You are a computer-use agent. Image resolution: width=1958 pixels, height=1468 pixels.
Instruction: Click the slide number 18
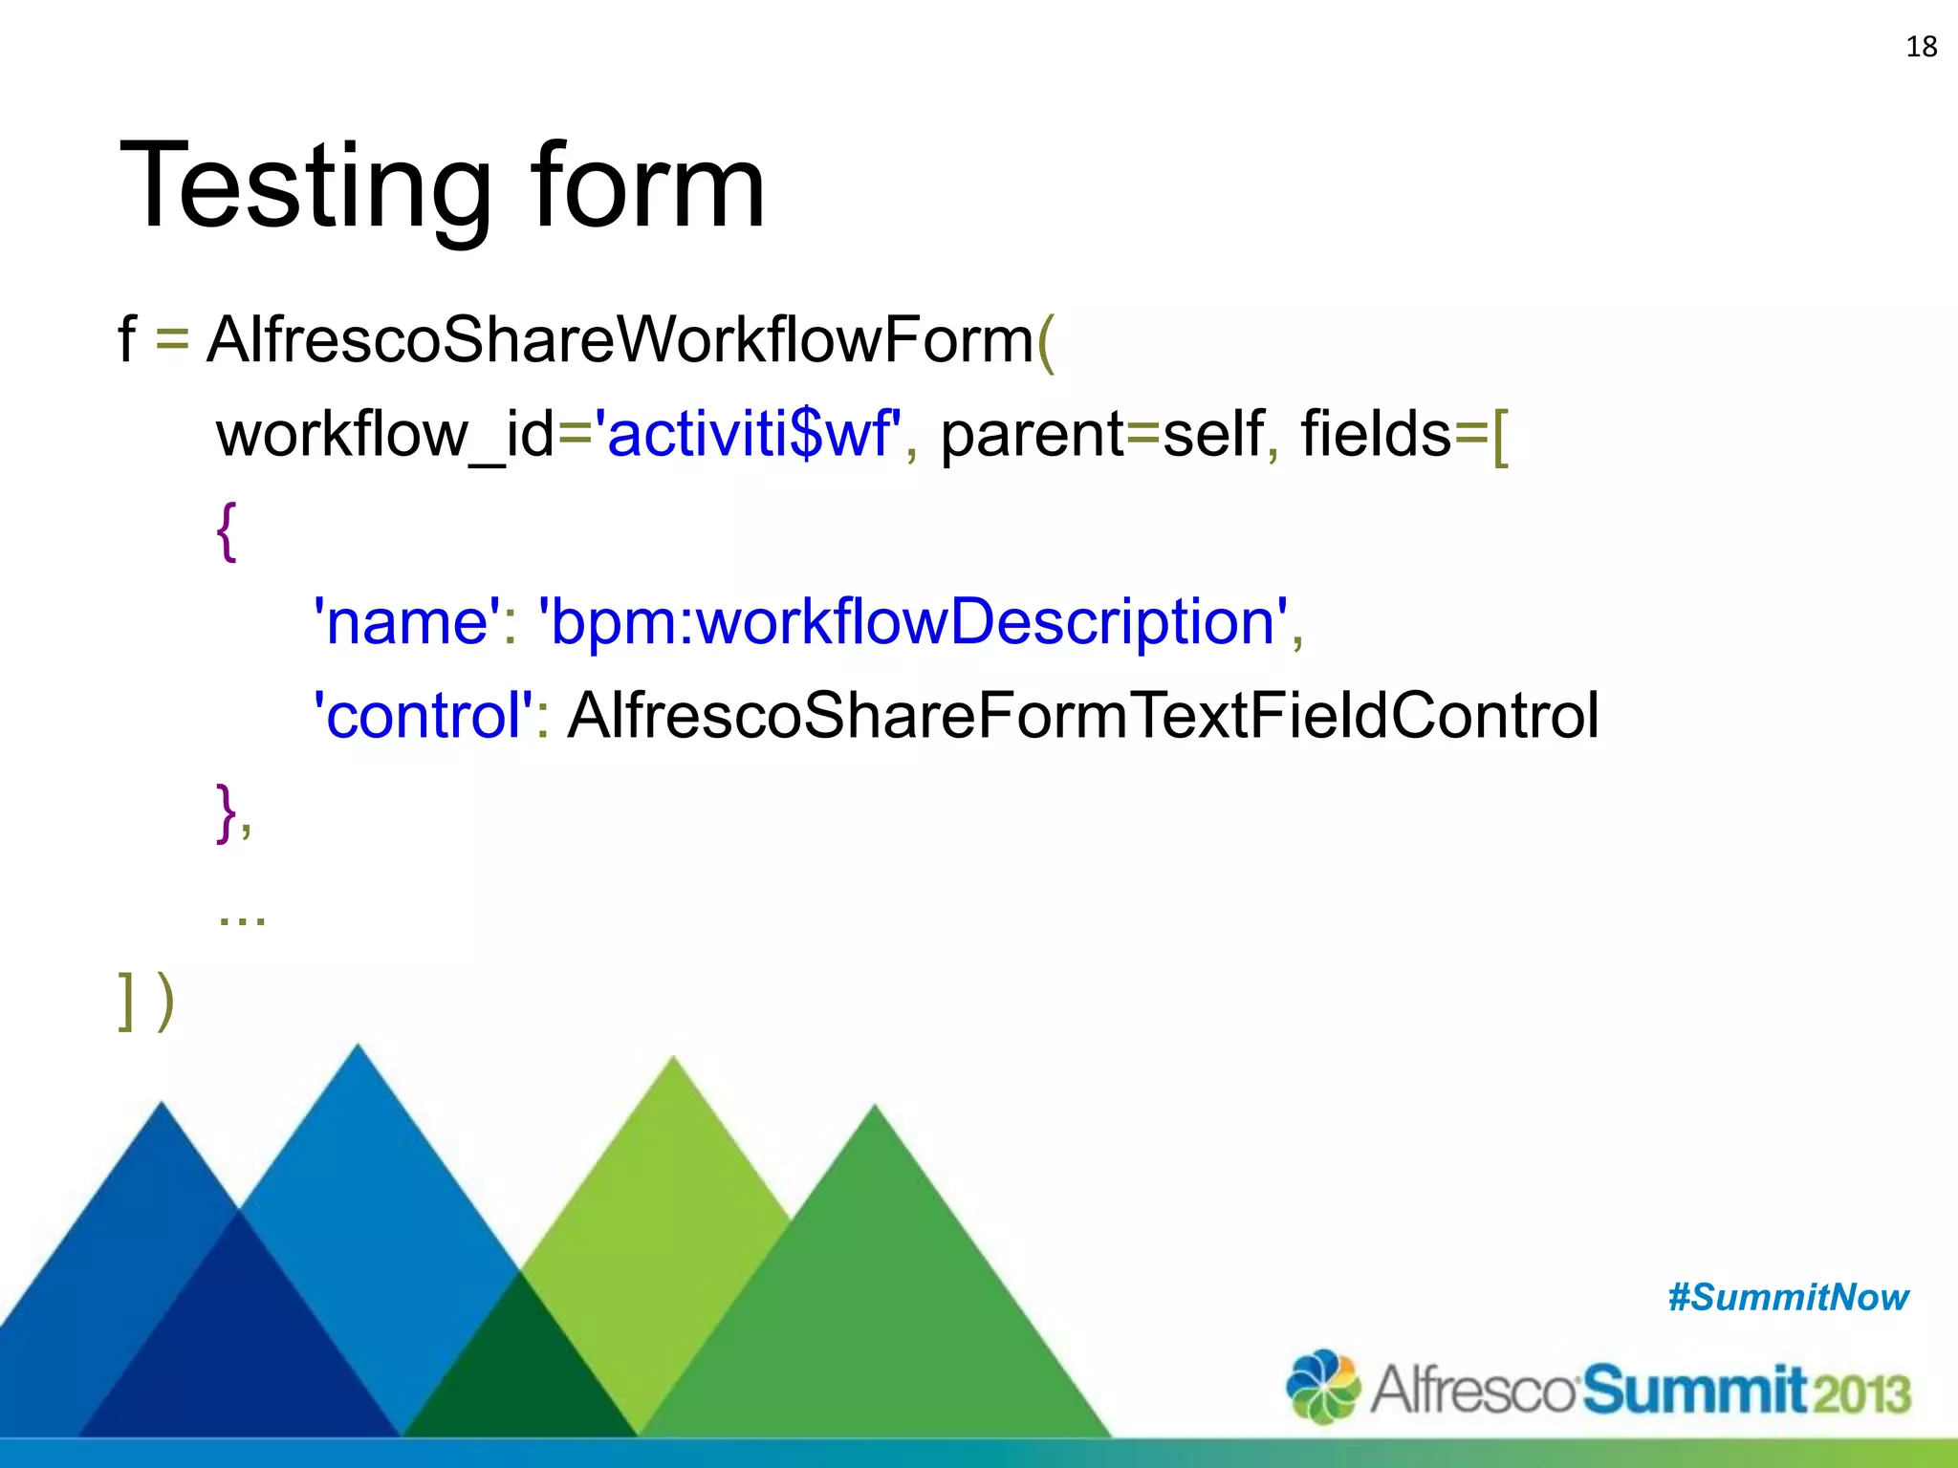[x=1921, y=47]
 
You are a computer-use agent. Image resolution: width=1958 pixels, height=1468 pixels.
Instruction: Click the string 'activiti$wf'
[x=748, y=433]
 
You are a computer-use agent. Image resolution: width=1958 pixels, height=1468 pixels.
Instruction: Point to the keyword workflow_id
[x=385, y=435]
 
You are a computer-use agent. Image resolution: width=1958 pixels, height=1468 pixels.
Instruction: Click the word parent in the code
[x=1032, y=435]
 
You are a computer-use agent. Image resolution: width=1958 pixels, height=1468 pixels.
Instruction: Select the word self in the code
[x=1212, y=433]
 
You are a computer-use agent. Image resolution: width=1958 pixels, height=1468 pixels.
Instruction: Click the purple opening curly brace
[x=227, y=531]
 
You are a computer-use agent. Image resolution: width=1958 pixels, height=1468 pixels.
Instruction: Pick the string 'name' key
[x=407, y=621]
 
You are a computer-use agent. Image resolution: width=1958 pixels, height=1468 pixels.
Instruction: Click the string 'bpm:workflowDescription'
[x=913, y=621]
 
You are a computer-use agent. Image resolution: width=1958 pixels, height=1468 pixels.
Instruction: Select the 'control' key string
[x=424, y=715]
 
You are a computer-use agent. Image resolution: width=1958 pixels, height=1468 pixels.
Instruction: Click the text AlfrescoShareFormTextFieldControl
[x=1082, y=715]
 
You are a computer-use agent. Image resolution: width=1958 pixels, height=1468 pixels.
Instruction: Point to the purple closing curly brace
[x=227, y=812]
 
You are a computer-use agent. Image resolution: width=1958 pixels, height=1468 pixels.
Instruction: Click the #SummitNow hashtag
[x=1788, y=1298]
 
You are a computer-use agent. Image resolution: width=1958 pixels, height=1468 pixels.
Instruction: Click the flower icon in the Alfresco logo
[x=1322, y=1386]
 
